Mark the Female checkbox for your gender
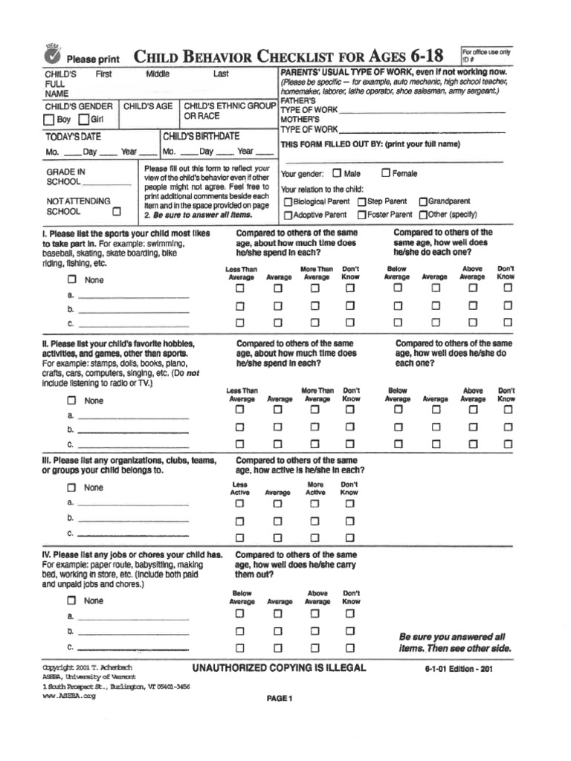385,173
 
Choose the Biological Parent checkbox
287,201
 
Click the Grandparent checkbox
423,201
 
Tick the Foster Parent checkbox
361,215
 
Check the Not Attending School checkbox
116,211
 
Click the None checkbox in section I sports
72,280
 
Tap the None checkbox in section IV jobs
72,600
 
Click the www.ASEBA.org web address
69,697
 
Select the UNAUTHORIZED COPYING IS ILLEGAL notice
279,668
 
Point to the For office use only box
486,56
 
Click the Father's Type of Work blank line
422,110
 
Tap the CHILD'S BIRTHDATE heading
201,137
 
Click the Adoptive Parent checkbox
287,215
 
